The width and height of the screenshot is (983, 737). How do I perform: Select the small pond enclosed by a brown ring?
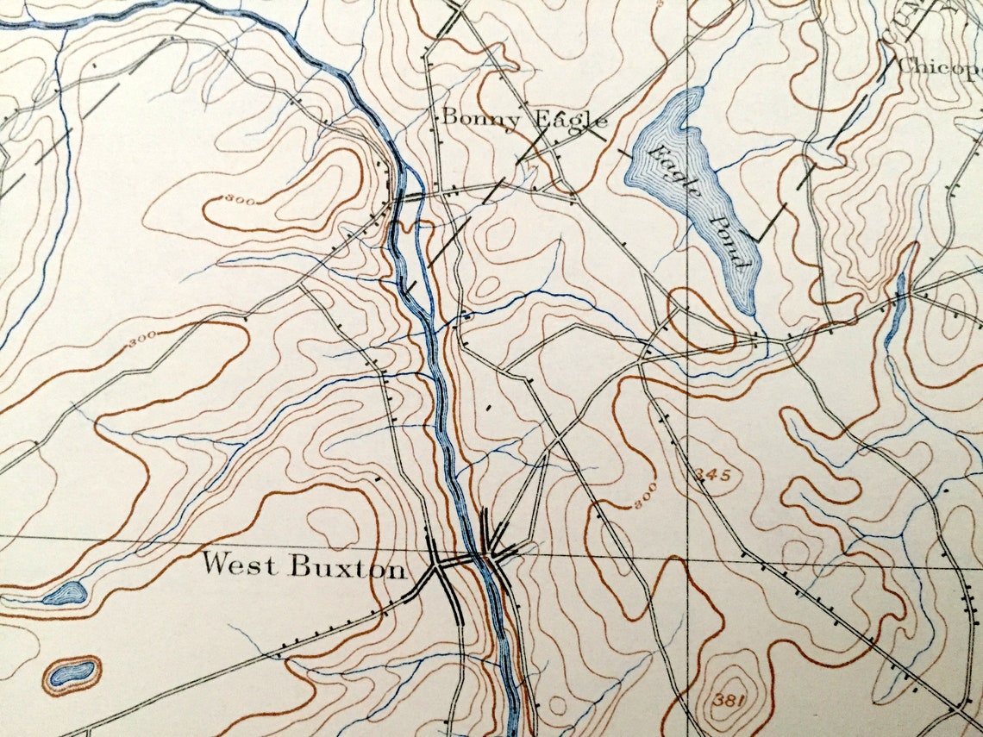pos(72,672)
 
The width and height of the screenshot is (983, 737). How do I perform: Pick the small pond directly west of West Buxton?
pos(66,592)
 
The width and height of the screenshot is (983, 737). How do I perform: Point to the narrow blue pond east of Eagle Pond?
pos(898,310)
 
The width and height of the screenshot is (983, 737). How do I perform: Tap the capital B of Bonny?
pos(449,116)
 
